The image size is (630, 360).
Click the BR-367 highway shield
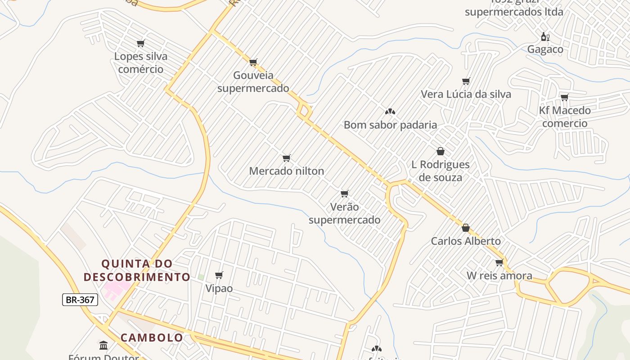pyautogui.click(x=80, y=300)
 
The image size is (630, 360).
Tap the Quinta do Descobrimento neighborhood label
pyautogui.click(x=137, y=270)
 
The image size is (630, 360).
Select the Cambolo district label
pyautogui.click(x=152, y=337)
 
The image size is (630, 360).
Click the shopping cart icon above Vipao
pyautogui.click(x=219, y=275)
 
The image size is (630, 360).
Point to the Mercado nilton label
pyautogui.click(x=286, y=171)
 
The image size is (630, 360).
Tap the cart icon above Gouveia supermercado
pyautogui.click(x=253, y=62)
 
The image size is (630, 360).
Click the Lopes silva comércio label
pyautogui.click(x=140, y=63)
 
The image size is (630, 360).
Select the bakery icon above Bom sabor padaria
pyautogui.click(x=390, y=111)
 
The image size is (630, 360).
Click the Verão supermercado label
pyautogui.click(x=344, y=213)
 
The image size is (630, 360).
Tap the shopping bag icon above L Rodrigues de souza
pyautogui.click(x=441, y=151)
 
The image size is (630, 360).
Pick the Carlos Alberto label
pyautogui.click(x=466, y=241)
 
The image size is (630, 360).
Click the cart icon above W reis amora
pyautogui.click(x=499, y=262)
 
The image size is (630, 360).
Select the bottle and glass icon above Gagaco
pyautogui.click(x=545, y=36)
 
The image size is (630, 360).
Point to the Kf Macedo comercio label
pyautogui.click(x=565, y=117)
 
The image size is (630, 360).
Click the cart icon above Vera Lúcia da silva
pyautogui.click(x=466, y=81)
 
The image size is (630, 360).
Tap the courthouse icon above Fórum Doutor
pyautogui.click(x=103, y=345)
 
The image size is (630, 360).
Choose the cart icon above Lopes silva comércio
pyautogui.click(x=140, y=43)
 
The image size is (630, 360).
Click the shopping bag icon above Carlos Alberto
pyautogui.click(x=466, y=228)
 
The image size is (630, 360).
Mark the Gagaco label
pyautogui.click(x=545, y=49)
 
